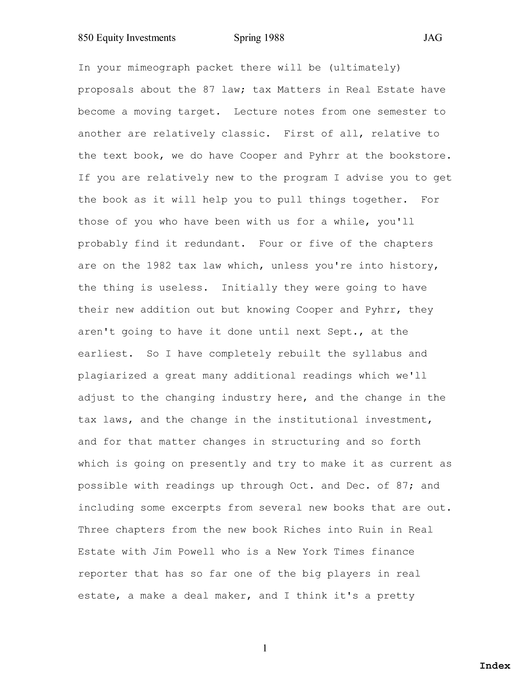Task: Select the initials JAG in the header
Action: [433, 38]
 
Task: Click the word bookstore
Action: [420, 156]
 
